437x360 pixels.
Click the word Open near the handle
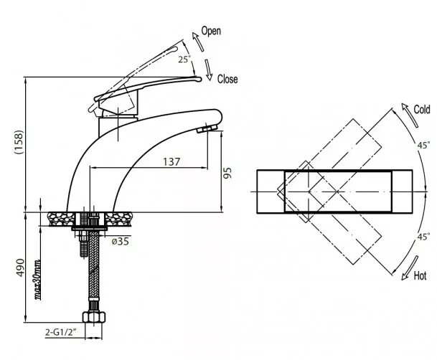(211, 31)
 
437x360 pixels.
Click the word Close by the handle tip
(227, 79)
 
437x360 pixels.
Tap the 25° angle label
(184, 60)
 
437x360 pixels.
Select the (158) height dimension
(19, 142)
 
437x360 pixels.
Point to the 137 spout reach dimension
(171, 162)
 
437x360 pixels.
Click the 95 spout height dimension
(227, 173)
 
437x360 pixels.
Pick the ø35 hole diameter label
(121, 241)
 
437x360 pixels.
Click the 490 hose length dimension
(20, 267)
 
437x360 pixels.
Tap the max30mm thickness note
(37, 280)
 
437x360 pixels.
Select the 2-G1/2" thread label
(61, 332)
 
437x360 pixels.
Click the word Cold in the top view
(422, 110)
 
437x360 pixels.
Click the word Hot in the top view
(420, 275)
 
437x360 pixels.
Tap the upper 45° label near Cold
(423, 145)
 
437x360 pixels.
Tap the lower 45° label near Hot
(423, 237)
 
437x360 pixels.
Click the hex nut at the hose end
(94, 317)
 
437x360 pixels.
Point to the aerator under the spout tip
(207, 128)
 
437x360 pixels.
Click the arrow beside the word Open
(197, 41)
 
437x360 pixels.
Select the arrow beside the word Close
(209, 70)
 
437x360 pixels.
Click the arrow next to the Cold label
(410, 115)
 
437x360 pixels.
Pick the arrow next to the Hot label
(410, 268)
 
